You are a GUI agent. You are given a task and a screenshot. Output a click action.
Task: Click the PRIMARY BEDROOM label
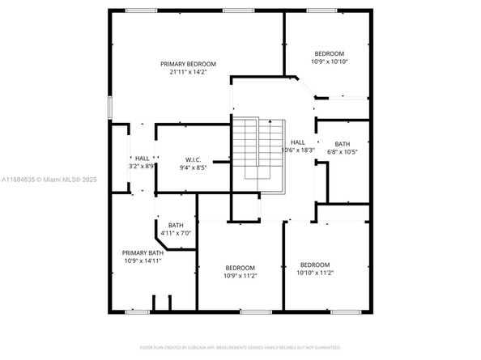tap(188, 64)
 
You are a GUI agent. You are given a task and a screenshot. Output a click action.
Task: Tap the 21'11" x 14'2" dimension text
tap(188, 72)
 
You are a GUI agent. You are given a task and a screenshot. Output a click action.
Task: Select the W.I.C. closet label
tap(193, 159)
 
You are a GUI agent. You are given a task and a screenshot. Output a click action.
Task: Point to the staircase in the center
tap(259, 149)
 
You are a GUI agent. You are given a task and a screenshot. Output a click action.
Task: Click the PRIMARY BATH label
tap(143, 252)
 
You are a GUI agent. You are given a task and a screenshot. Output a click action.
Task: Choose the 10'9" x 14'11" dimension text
tap(143, 260)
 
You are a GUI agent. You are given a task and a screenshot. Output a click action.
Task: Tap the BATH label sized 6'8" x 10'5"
tap(343, 144)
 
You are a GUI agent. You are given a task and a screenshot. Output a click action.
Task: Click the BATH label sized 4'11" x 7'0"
tap(176, 225)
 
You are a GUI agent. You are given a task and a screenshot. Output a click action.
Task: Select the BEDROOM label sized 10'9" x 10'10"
tap(330, 53)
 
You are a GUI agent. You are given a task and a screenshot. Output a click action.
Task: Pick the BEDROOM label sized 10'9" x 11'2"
tap(240, 268)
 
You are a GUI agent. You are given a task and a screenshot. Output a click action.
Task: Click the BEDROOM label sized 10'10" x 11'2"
tap(315, 265)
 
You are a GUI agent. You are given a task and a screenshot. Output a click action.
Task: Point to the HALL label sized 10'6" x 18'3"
tap(298, 142)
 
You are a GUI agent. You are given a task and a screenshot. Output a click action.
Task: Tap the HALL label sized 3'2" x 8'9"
tap(143, 158)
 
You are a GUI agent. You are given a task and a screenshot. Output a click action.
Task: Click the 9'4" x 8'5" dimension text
tap(193, 167)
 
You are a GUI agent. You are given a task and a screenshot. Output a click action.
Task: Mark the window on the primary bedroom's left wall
tap(109, 108)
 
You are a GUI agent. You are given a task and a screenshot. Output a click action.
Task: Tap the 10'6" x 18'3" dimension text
tap(298, 150)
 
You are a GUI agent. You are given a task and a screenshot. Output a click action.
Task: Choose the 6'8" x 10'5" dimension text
tap(343, 152)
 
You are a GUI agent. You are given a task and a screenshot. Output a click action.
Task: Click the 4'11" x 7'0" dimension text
tap(176, 233)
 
